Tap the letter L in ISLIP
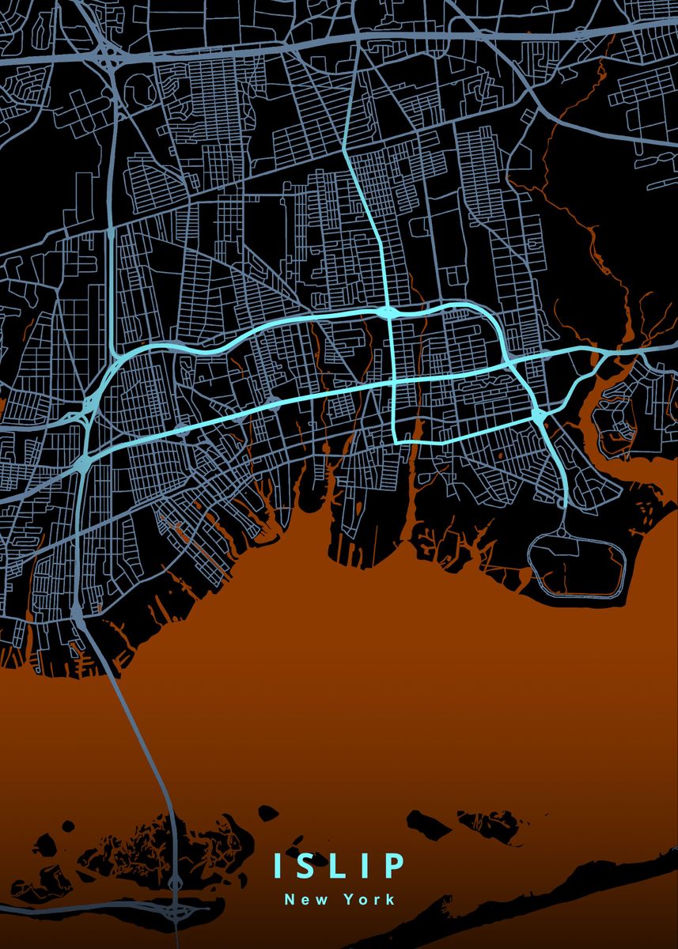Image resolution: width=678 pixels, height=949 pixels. coord(342,865)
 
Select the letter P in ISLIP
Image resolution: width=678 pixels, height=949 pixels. coord(395,865)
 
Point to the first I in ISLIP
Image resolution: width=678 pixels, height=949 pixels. coord(278,865)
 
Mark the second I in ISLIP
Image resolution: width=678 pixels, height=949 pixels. coord(369,865)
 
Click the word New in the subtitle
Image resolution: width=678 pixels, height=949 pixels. coord(301,899)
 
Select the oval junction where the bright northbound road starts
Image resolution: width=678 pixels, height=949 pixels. coord(388,313)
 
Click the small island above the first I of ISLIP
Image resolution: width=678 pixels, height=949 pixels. coord(268,813)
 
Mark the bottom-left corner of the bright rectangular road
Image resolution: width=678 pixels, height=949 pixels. coord(395,440)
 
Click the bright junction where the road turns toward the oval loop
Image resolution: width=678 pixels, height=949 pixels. coord(539,415)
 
